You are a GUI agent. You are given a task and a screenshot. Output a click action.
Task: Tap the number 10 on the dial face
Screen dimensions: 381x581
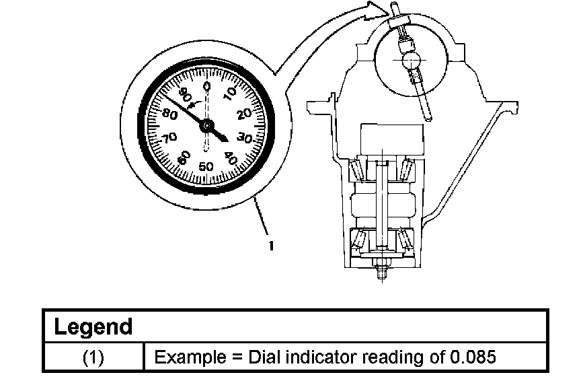(x=230, y=92)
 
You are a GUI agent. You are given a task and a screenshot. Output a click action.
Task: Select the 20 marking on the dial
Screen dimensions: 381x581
(x=245, y=112)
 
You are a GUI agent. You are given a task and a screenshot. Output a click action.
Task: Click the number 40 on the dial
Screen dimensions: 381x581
(x=231, y=158)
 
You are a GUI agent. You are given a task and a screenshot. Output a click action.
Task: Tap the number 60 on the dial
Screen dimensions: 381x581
(x=182, y=158)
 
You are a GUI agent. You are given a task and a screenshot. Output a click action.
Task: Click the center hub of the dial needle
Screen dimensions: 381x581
(x=206, y=125)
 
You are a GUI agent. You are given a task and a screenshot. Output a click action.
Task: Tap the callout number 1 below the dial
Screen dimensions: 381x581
(x=270, y=246)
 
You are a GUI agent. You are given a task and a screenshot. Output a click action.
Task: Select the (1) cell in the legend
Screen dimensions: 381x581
(x=93, y=357)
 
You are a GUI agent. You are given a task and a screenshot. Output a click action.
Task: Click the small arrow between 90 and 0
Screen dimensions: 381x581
(x=193, y=104)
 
